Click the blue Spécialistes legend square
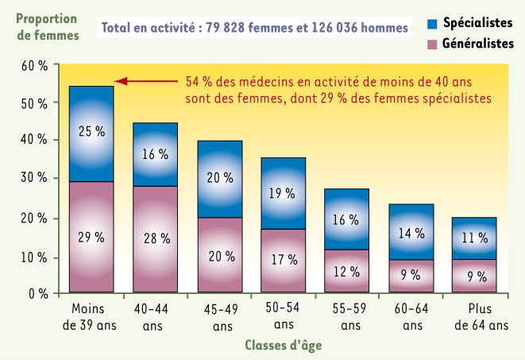pyautogui.click(x=432, y=24)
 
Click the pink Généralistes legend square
pyautogui.click(x=432, y=45)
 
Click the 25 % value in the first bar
pyautogui.click(x=91, y=132)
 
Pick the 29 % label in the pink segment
pyautogui.click(x=91, y=238)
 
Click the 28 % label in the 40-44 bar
pyautogui.click(x=156, y=238)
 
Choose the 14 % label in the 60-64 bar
pyautogui.click(x=411, y=233)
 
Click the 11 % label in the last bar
pyautogui.click(x=474, y=238)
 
